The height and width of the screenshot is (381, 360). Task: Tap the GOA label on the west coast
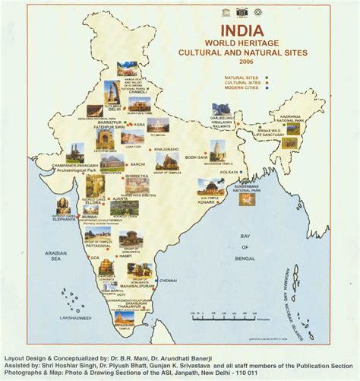pyautogui.click(x=95, y=258)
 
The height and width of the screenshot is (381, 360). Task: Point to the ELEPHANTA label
pyautogui.click(x=63, y=226)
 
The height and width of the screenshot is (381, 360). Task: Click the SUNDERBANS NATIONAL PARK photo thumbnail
pyautogui.click(x=246, y=199)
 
